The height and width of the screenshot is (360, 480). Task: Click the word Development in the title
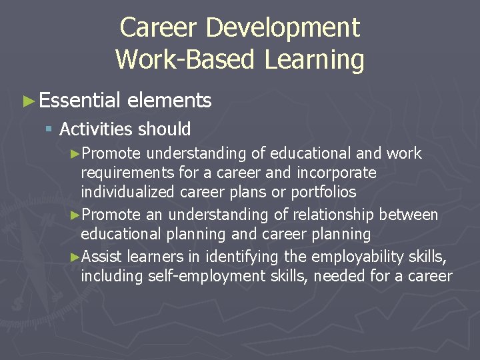click(x=283, y=28)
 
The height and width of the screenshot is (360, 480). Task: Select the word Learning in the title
click(x=313, y=59)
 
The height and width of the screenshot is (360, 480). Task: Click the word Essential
click(x=79, y=101)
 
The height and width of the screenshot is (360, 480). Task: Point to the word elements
click(x=169, y=101)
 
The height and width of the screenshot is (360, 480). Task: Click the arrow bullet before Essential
click(x=28, y=101)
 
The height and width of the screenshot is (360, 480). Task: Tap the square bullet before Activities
click(x=48, y=129)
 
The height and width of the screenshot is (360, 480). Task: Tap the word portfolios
click(x=323, y=192)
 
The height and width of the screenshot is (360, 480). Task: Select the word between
click(x=409, y=215)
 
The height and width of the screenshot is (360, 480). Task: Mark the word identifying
click(x=243, y=257)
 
